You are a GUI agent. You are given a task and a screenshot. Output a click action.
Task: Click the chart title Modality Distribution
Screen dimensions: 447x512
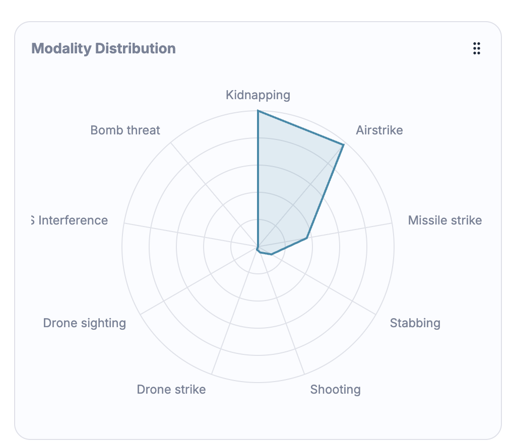(103, 49)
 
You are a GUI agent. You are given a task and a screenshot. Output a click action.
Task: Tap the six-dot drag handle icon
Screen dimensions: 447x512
(476, 48)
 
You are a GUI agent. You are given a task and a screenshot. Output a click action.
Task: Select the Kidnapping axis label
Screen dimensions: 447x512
(258, 95)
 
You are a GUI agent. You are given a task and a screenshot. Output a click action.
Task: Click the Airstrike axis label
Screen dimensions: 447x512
(379, 130)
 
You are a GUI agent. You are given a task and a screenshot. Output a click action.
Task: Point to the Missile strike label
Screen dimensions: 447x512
(444, 220)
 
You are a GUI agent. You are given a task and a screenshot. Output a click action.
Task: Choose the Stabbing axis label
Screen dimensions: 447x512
(415, 323)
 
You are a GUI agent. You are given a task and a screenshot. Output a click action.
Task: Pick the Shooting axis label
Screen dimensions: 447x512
(335, 389)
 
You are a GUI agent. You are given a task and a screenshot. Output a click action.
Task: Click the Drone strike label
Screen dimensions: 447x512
(171, 389)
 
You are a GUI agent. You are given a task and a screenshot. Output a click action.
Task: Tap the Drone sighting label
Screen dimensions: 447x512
(84, 323)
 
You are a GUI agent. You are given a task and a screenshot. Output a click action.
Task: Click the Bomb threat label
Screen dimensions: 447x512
(125, 130)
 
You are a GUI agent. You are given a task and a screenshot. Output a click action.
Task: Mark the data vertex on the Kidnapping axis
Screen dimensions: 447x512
(258, 111)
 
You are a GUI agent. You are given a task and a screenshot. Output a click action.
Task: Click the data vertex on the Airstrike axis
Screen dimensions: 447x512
(343, 145)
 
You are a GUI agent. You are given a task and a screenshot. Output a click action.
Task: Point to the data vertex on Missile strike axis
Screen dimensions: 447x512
(307, 238)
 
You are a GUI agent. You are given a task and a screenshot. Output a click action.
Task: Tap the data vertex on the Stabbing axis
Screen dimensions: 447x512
(272, 254)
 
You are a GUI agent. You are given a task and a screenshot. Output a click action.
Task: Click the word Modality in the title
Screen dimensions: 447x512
(61, 49)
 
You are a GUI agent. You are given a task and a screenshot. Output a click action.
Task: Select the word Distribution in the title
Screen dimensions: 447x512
(135, 49)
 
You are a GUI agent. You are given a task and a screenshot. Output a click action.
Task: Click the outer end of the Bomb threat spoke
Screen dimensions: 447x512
(171, 143)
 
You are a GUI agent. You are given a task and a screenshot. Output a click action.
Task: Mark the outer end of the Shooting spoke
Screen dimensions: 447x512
(304, 375)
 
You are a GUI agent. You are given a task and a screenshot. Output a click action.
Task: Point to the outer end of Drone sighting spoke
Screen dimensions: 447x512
(140, 315)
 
